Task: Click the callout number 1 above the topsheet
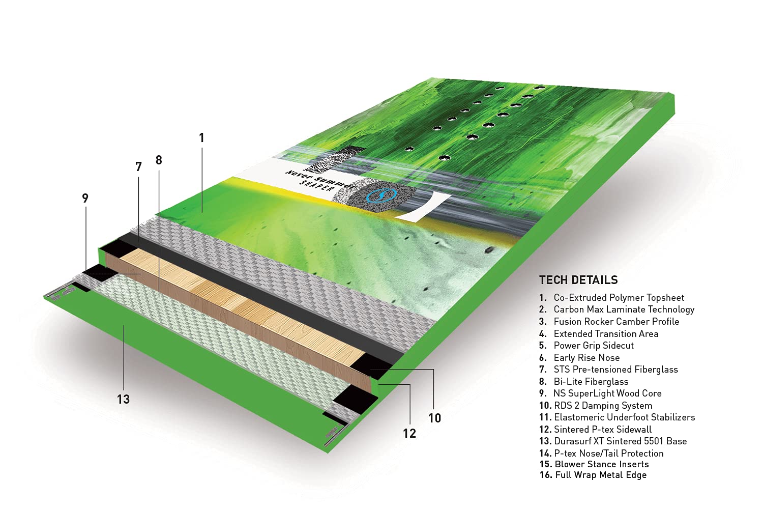[201, 138]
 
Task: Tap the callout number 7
[138, 167]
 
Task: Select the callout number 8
[159, 160]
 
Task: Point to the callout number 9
[85, 198]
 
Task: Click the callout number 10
[434, 418]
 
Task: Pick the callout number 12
[409, 433]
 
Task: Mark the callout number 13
[123, 399]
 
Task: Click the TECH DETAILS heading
[578, 280]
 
